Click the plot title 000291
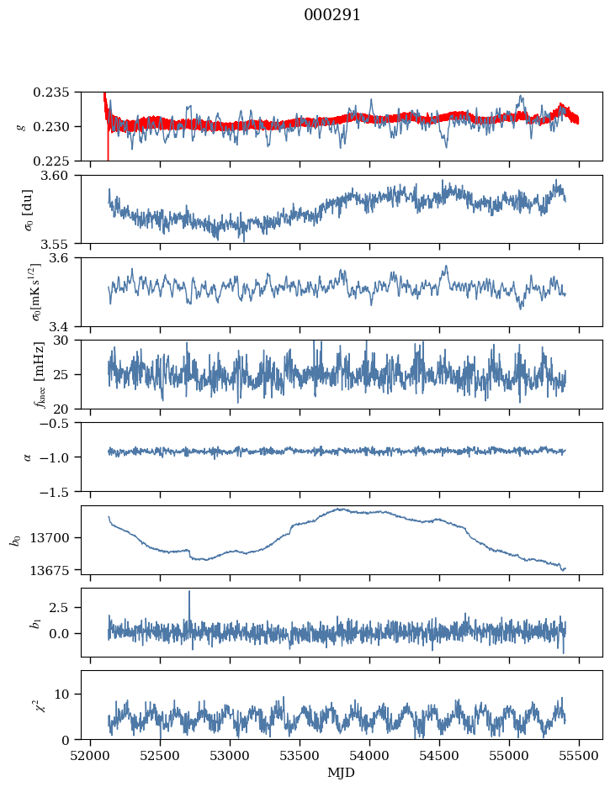tap(332, 15)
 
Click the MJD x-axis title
tap(342, 772)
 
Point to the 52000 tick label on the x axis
tap(91, 755)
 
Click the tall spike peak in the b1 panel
tap(189, 592)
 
